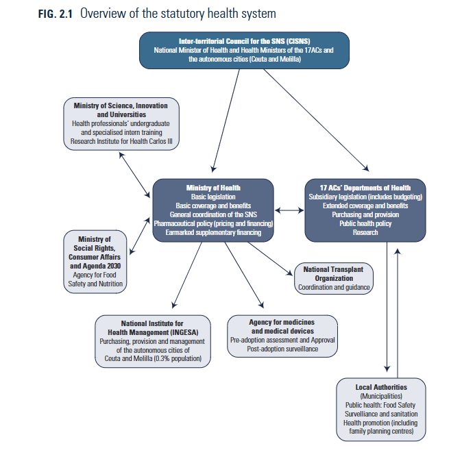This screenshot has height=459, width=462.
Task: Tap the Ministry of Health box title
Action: tap(213, 188)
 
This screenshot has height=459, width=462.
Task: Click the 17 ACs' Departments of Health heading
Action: tap(365, 188)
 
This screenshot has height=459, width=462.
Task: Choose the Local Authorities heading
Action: tap(380, 387)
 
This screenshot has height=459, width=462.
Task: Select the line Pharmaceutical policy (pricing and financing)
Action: tap(213, 224)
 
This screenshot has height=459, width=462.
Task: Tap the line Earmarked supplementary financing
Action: tap(213, 233)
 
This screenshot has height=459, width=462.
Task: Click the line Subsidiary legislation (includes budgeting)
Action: tap(365, 197)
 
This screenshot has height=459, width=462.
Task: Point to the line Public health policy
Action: tap(365, 223)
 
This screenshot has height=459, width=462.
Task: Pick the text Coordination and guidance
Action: tap(334, 287)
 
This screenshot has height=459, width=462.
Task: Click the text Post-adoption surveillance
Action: tap(282, 349)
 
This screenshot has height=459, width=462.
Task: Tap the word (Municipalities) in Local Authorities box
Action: tap(380, 396)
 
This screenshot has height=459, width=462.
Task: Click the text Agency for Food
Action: tap(96, 275)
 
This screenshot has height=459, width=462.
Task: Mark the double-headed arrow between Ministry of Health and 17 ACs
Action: tap(289, 210)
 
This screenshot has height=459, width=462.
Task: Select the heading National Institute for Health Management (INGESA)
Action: tap(151, 327)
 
